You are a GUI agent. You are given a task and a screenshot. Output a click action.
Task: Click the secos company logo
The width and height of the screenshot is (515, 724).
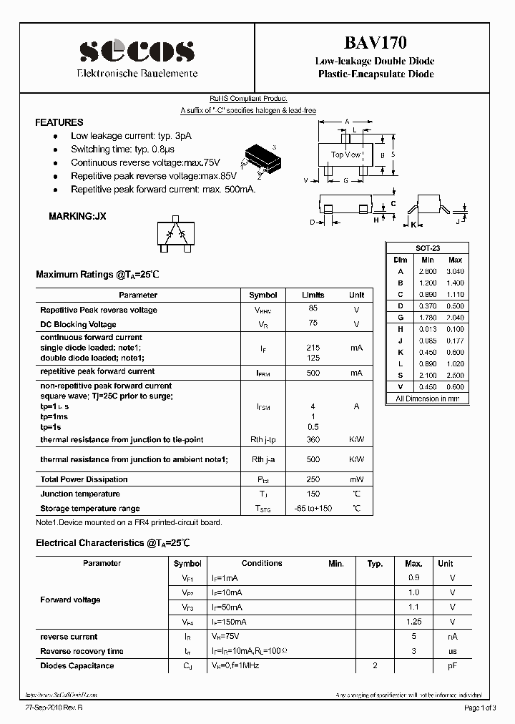(x=137, y=52)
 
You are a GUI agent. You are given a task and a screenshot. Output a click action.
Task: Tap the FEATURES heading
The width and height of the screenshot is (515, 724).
(x=59, y=122)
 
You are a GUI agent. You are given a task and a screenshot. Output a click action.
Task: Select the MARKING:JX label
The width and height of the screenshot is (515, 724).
(x=77, y=216)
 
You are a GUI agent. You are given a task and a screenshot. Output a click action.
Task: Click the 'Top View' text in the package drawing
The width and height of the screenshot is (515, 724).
(x=346, y=155)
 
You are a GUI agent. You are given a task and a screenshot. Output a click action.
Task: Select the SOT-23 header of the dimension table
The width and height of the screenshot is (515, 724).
(x=427, y=247)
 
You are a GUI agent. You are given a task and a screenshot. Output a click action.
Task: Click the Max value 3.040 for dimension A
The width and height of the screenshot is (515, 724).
(x=454, y=271)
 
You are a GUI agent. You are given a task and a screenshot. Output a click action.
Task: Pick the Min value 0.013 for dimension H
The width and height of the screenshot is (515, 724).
(x=427, y=329)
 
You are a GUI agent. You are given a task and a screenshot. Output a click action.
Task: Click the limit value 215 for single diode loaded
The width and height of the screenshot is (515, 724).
(x=313, y=348)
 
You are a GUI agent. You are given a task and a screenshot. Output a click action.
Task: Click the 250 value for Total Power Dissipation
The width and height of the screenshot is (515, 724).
(x=313, y=479)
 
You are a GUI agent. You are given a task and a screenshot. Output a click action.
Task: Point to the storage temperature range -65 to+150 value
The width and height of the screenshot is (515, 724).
(x=313, y=509)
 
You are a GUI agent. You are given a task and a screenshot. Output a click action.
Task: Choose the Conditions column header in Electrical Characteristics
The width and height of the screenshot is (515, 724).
(x=262, y=564)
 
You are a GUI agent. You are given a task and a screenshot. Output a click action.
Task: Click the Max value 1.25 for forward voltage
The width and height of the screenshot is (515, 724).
(x=413, y=622)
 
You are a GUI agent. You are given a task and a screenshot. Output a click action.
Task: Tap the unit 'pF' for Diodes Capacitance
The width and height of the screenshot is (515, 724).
(x=451, y=666)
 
